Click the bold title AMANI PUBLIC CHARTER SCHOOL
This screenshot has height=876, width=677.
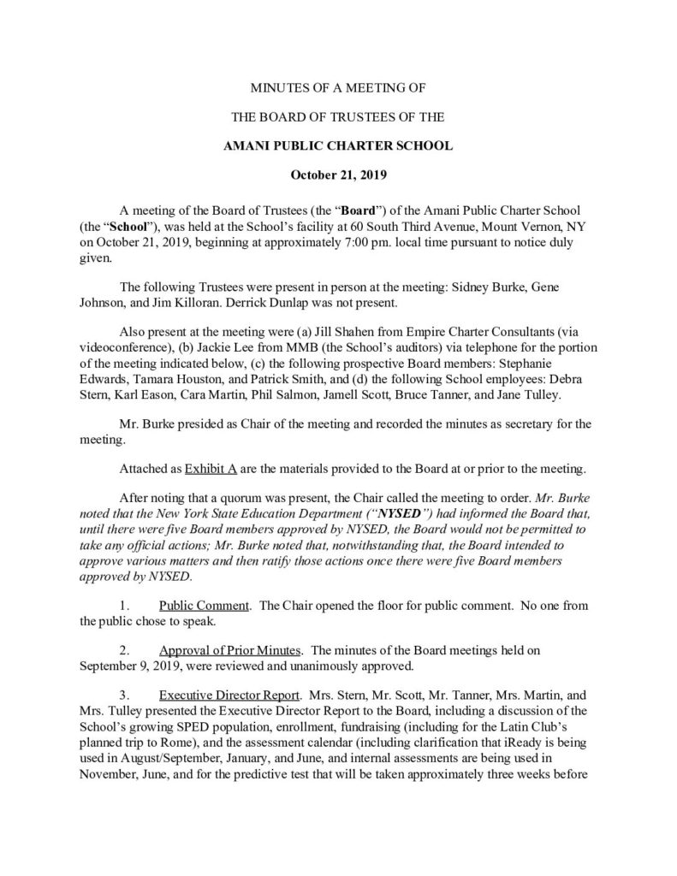coord(338,145)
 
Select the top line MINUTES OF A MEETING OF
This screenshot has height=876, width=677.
coord(338,88)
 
